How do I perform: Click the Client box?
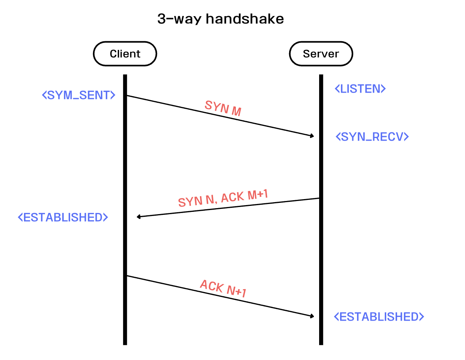125,54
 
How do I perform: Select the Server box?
321,54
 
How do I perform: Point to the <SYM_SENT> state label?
78,95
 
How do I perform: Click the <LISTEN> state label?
360,89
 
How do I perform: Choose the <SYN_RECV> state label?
372,136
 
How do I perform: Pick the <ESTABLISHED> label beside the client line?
63,217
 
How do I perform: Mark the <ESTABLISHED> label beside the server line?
379,317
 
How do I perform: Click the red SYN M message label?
223,108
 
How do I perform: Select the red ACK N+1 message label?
223,288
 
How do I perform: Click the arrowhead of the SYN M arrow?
312,136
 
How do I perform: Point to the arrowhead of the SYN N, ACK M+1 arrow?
139,217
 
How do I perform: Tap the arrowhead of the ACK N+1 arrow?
312,316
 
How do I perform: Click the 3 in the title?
161,19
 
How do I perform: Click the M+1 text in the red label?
258,195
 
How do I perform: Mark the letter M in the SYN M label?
236,111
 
